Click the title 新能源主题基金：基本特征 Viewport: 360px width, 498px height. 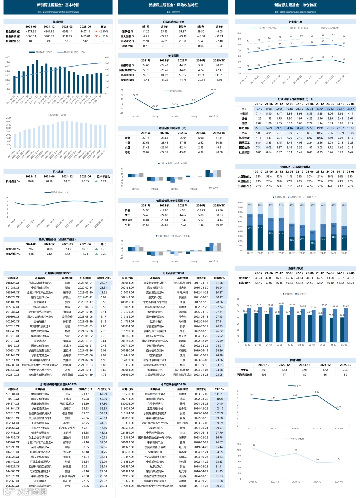[x=58, y=5]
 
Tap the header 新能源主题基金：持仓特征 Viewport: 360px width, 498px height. [x=295, y=5]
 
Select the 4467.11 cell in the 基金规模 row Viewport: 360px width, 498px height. [x=85, y=31]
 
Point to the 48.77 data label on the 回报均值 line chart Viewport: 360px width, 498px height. [x=213, y=90]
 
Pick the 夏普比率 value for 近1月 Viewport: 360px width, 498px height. [x=146, y=46]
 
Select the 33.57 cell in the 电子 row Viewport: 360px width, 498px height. [x=350, y=109]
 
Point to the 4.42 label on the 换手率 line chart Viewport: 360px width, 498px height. [x=317, y=392]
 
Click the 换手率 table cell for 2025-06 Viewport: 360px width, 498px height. [x=345, y=370]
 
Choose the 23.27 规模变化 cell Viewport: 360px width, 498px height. [x=103, y=283]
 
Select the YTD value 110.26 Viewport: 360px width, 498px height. [x=219, y=399]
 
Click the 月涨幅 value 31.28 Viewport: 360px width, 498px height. [x=219, y=283]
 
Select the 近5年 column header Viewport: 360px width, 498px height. [x=219, y=27]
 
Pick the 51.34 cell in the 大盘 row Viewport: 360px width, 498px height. [x=219, y=138]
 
